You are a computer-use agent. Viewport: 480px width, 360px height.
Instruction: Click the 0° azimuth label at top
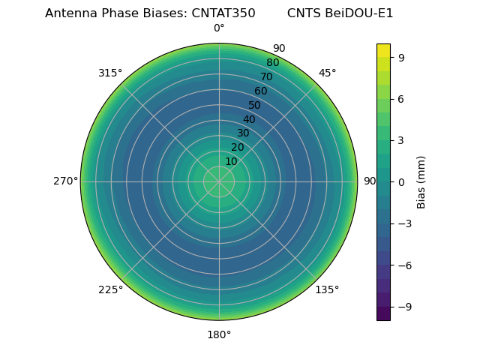click(219, 28)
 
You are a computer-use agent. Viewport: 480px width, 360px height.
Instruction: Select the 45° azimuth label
click(327, 73)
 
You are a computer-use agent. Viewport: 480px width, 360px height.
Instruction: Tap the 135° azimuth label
click(327, 289)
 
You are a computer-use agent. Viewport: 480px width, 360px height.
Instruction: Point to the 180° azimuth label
click(219, 334)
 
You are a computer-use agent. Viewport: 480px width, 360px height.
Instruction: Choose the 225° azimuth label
click(110, 289)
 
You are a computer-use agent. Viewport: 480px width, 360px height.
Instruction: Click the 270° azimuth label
click(65, 181)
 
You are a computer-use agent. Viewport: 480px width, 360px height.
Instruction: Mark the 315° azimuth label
click(110, 73)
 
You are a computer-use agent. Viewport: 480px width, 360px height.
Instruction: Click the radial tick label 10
click(231, 161)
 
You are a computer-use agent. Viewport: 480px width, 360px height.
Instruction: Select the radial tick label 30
click(243, 133)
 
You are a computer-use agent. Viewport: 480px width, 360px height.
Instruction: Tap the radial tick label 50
click(255, 105)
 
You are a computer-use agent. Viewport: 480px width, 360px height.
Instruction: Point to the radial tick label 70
click(266, 76)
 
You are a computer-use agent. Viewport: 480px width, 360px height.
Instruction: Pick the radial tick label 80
click(272, 63)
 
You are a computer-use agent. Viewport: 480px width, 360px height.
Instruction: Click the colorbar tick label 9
click(400, 57)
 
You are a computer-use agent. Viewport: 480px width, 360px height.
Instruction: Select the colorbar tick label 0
click(400, 182)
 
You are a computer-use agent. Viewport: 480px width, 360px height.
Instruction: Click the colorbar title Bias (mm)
click(421, 182)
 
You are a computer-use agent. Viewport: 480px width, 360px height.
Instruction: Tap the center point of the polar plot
click(219, 181)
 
